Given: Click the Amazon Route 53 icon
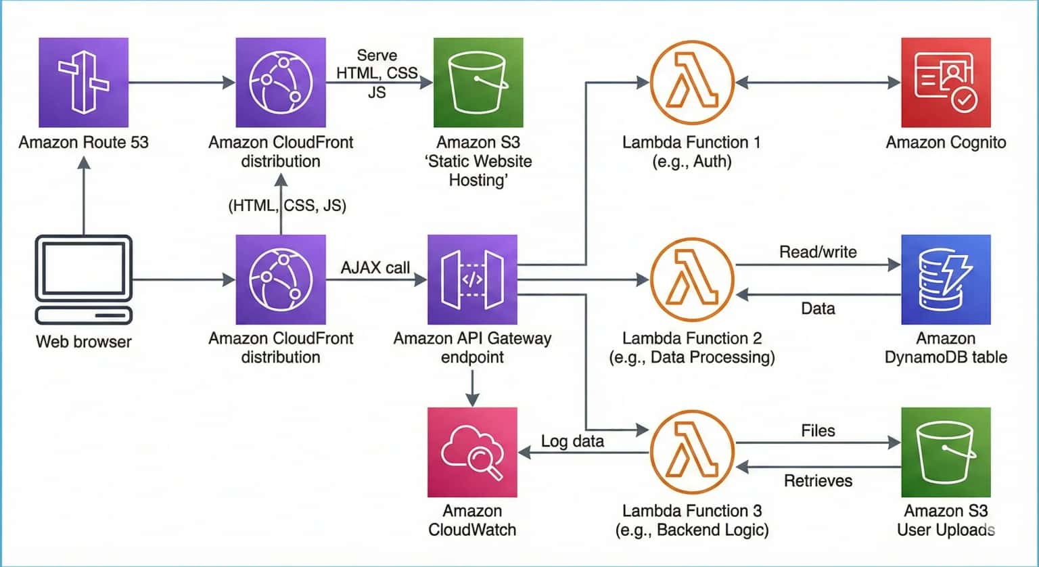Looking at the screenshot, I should coord(83,83).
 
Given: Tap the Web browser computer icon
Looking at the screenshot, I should coord(83,279).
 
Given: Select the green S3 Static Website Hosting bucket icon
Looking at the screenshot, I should coord(478,83).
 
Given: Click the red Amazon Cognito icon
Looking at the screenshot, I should coord(946,83).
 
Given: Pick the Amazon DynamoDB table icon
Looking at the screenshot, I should coord(946,279).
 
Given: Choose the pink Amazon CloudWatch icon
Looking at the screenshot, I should coord(472,452).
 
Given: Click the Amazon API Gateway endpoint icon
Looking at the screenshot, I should coord(472,279).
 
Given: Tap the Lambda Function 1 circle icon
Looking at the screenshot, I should coord(692,83).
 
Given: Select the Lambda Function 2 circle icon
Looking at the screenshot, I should coord(692,279).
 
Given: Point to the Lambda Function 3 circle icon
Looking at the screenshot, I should coord(692,452).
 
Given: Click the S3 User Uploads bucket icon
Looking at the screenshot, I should coord(946,452).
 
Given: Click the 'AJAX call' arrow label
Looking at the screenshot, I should coord(375,268).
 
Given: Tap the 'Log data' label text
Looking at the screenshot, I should coord(572,442).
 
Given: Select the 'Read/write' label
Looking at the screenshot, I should coord(818,252).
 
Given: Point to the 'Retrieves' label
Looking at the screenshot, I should coord(818,481).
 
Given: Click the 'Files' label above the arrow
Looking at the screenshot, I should coord(818,431).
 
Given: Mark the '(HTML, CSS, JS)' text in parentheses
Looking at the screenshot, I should coord(287,206).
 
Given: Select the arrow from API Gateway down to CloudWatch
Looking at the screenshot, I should coord(472,388).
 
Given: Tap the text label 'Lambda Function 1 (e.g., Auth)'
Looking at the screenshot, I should coord(691,152).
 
